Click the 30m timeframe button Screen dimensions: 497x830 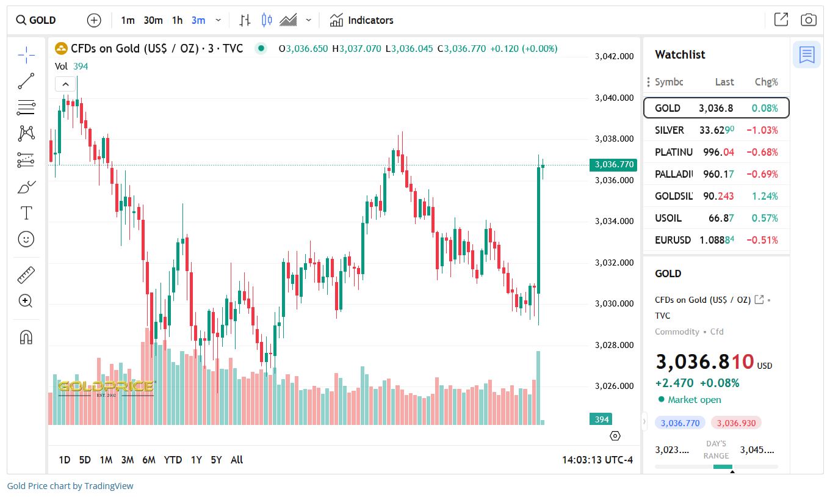tap(153, 20)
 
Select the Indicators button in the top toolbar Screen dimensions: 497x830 tap(361, 20)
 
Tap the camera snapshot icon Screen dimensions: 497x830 tap(809, 20)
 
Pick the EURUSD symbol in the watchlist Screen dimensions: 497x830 tap(673, 240)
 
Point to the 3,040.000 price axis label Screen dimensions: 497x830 tap(614, 98)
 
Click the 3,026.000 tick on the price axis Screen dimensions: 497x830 tap(614, 386)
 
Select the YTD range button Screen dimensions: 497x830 tap(173, 460)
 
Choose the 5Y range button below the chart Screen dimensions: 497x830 tap(216, 460)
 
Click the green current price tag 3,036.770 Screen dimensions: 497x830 tap(613, 164)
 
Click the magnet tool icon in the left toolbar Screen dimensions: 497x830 tap(26, 337)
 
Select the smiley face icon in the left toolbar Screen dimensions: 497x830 tap(26, 239)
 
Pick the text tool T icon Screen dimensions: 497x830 tap(26, 213)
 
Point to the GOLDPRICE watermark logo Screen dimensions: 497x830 tap(106, 387)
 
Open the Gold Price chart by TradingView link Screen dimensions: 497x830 tap(70, 486)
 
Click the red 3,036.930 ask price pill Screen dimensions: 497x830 tap(736, 423)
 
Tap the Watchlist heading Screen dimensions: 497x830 tap(680, 54)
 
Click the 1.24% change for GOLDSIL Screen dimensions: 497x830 tap(766, 196)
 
